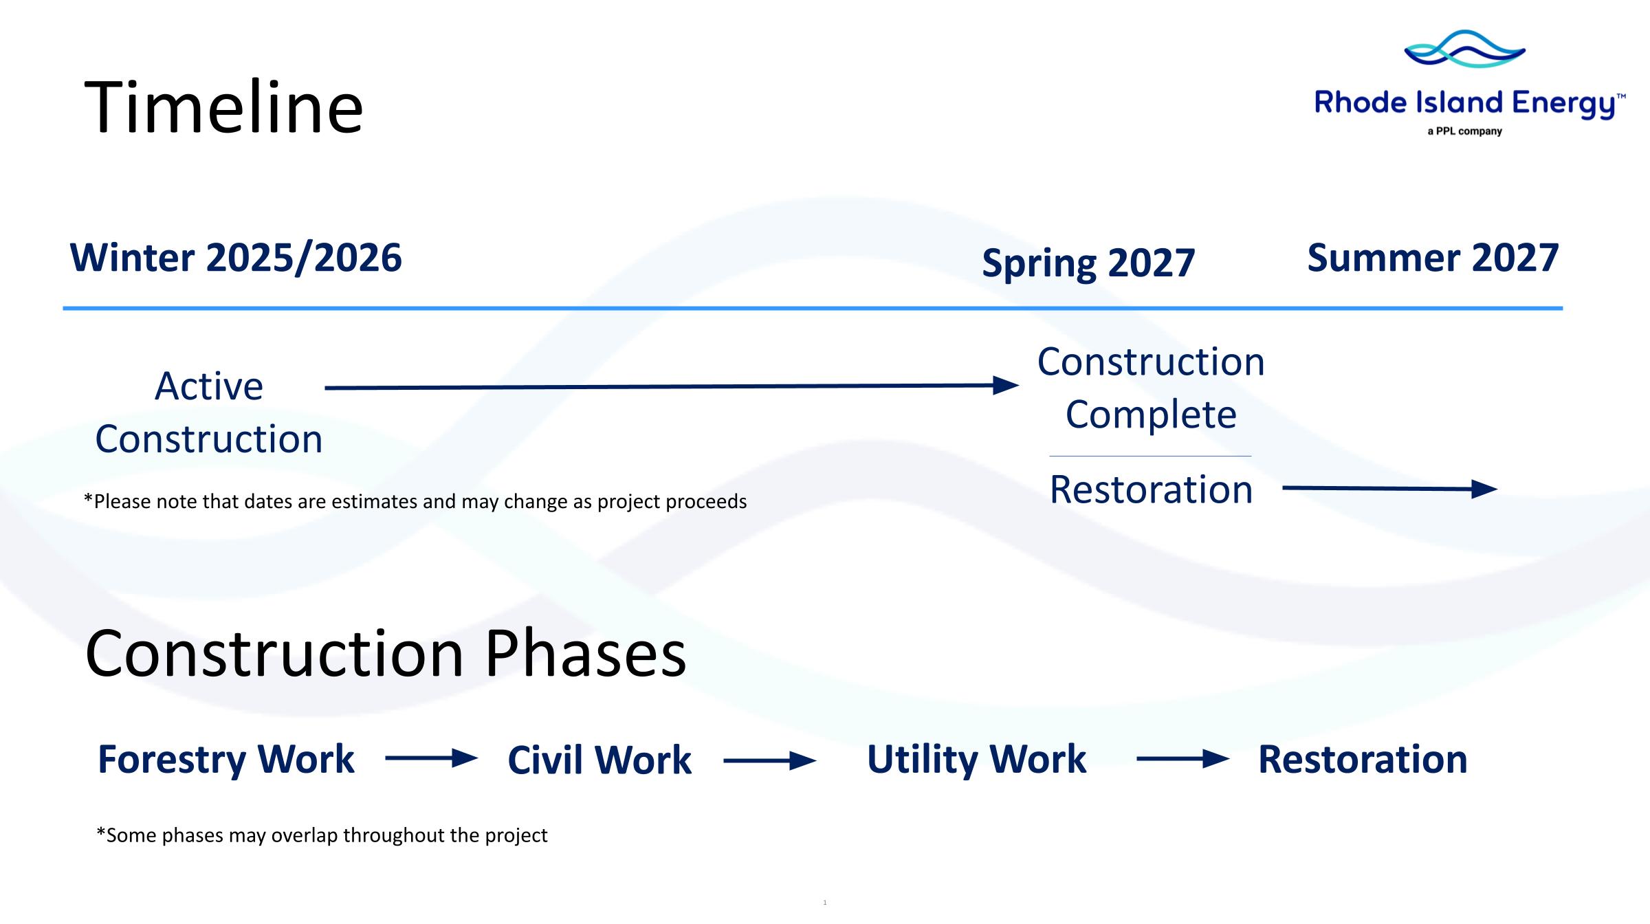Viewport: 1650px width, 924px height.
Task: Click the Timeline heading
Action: point(223,107)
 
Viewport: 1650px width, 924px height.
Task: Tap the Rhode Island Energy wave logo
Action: point(1464,49)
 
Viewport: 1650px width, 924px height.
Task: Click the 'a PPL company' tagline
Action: point(1464,131)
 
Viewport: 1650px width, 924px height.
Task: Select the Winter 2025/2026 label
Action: point(236,258)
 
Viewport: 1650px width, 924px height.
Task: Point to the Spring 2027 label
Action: point(1088,264)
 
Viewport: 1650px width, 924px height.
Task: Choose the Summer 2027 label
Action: point(1433,258)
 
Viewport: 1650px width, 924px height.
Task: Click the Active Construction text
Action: point(209,412)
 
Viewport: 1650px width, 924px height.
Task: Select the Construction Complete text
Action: point(1151,388)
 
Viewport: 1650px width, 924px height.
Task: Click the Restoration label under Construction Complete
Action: point(1151,489)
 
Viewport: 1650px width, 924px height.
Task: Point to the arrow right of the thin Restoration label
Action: point(1390,489)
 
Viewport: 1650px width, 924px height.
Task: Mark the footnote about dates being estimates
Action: point(415,501)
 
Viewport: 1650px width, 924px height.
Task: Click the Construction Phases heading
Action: point(386,653)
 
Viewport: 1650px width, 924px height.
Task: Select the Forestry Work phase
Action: point(226,760)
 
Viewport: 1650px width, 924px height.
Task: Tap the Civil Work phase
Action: point(599,760)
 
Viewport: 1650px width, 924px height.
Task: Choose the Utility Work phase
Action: point(977,760)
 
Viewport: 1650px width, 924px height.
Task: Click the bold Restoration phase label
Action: point(1363,760)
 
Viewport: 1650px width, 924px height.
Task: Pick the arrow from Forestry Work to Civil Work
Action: point(432,759)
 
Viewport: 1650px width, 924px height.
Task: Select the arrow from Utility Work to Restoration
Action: point(1183,760)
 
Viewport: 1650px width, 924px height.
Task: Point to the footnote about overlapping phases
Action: point(322,835)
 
